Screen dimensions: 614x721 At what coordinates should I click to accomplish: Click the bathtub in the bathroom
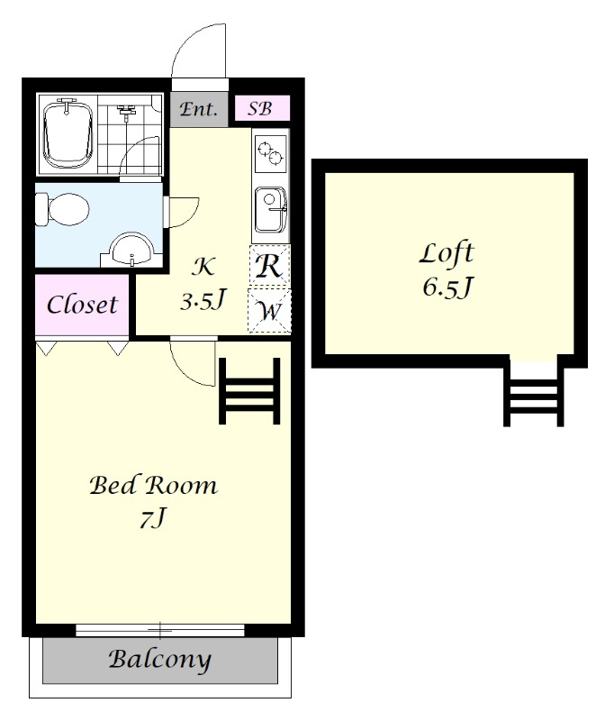(68, 134)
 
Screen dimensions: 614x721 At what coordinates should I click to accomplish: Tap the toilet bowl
(63, 210)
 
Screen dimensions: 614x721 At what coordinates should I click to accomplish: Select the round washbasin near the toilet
(132, 250)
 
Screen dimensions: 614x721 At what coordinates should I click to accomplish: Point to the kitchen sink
(271, 209)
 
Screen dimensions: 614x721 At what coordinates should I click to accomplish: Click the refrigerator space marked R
(269, 265)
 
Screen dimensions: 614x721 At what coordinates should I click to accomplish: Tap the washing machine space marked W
(269, 310)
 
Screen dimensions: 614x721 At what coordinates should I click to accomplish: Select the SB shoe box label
(260, 108)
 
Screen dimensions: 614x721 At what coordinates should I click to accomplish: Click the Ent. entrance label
(198, 109)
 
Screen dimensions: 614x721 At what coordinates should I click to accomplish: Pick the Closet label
(82, 305)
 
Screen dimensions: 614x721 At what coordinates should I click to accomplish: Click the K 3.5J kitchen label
(203, 283)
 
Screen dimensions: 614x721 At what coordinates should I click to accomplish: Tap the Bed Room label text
(153, 485)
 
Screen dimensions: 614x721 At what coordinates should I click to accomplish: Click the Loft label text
(447, 253)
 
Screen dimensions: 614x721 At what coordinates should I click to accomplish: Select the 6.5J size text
(447, 287)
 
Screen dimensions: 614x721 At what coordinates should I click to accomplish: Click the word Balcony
(160, 660)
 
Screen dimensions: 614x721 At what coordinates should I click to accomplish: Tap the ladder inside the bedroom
(249, 391)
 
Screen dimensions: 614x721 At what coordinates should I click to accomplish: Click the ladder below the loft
(534, 393)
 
